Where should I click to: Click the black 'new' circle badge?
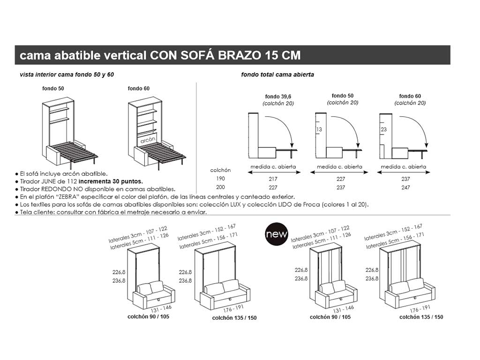[x=274, y=233]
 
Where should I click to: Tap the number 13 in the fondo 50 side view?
[x=319, y=129]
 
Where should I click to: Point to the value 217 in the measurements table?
[x=273, y=179]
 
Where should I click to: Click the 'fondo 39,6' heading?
[x=278, y=97]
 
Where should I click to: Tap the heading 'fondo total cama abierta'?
[x=277, y=75]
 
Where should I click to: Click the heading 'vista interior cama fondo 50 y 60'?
[x=67, y=75]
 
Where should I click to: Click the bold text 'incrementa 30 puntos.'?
[x=111, y=181]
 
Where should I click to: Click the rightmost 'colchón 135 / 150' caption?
[x=421, y=317]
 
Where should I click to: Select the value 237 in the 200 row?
[x=341, y=187]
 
